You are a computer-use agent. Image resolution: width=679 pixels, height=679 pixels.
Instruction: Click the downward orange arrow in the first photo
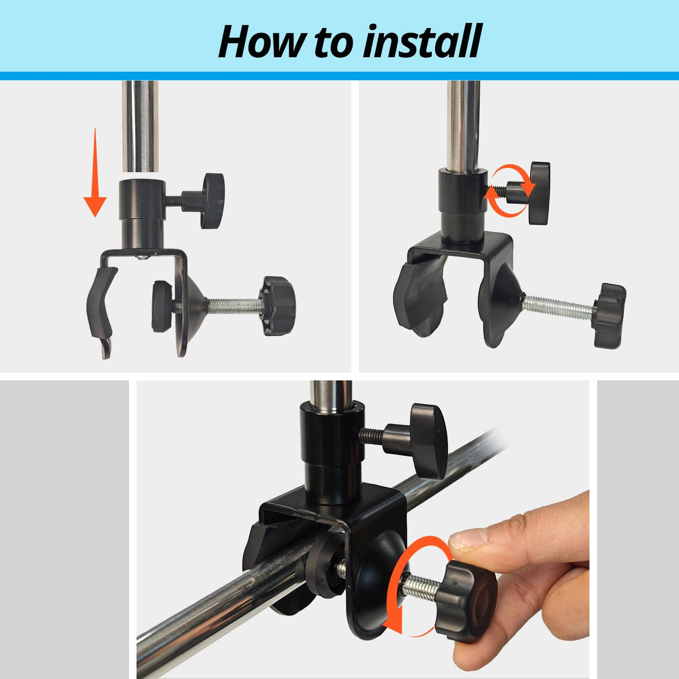tap(95, 173)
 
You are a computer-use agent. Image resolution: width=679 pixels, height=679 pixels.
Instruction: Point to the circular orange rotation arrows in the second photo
tap(510, 191)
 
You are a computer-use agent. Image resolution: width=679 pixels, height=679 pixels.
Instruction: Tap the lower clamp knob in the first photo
tap(277, 306)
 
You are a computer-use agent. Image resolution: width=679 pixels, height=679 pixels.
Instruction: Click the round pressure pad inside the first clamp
tap(162, 306)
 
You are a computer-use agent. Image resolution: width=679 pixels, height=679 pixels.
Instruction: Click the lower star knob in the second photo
tap(609, 315)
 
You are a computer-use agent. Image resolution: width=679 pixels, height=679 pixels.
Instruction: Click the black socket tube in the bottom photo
tap(330, 454)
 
